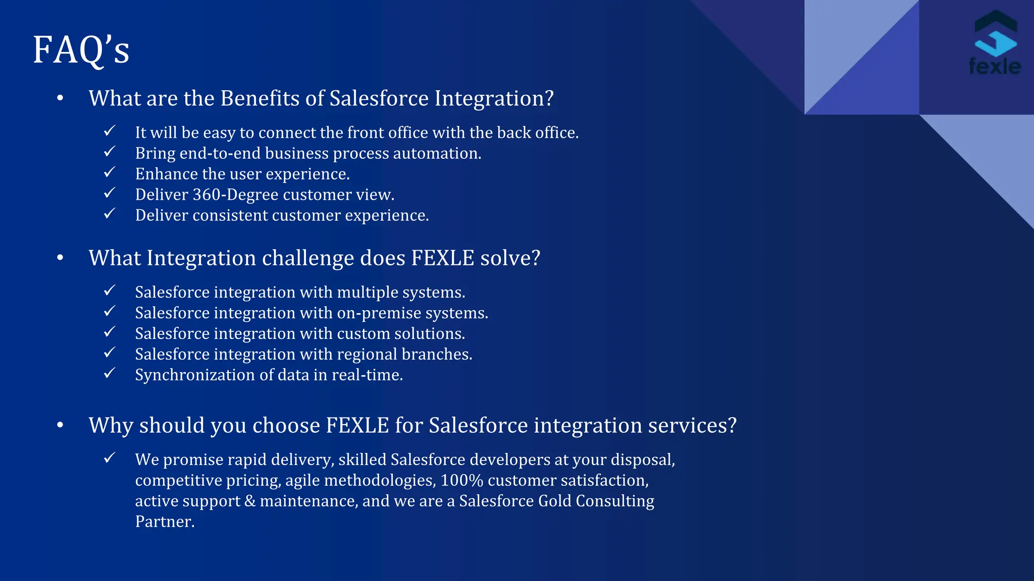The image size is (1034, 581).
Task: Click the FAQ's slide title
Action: pyautogui.click(x=81, y=50)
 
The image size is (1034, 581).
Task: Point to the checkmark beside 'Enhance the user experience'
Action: pyautogui.click(x=110, y=172)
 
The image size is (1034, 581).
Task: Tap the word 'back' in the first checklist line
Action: pyautogui.click(x=514, y=133)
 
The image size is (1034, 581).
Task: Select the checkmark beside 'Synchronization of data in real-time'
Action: pyautogui.click(x=110, y=374)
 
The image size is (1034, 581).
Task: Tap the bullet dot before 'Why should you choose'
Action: pyautogui.click(x=60, y=425)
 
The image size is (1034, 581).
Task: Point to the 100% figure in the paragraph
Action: pyautogui.click(x=461, y=481)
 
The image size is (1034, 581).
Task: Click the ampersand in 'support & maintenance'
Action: pyautogui.click(x=250, y=501)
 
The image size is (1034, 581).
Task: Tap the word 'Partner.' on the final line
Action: pyautogui.click(x=165, y=522)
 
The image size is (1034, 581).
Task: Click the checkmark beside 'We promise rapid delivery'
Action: pyautogui.click(x=110, y=458)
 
